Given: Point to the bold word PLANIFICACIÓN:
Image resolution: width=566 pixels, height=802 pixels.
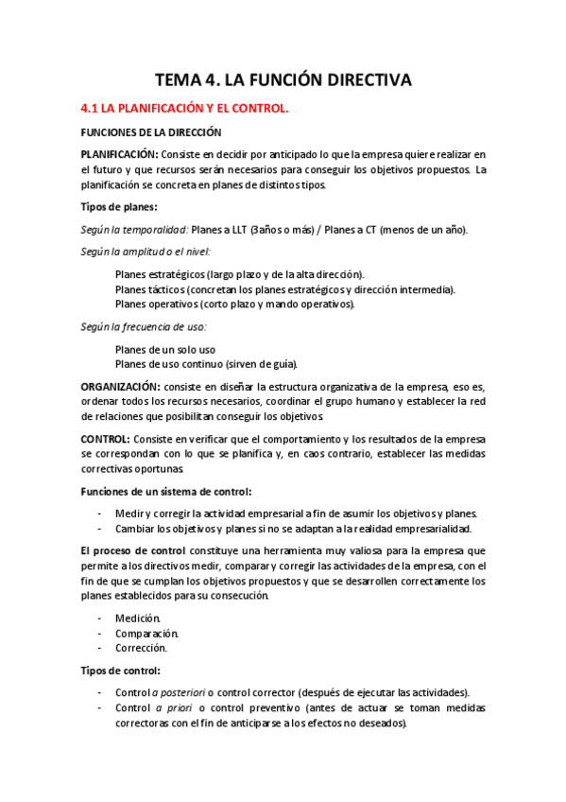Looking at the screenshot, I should pyautogui.click(x=119, y=154).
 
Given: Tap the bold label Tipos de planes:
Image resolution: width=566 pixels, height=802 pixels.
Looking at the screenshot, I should pyautogui.click(x=119, y=207).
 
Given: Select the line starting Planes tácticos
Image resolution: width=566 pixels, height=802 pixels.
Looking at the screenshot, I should pyautogui.click(x=283, y=289).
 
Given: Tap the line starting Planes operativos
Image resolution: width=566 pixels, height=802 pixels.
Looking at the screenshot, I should pyautogui.click(x=234, y=304).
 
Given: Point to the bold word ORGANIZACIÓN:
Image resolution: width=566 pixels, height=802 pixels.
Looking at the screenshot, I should pyautogui.click(x=120, y=386).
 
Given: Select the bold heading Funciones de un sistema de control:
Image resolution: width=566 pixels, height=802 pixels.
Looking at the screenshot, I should pyautogui.click(x=166, y=492).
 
